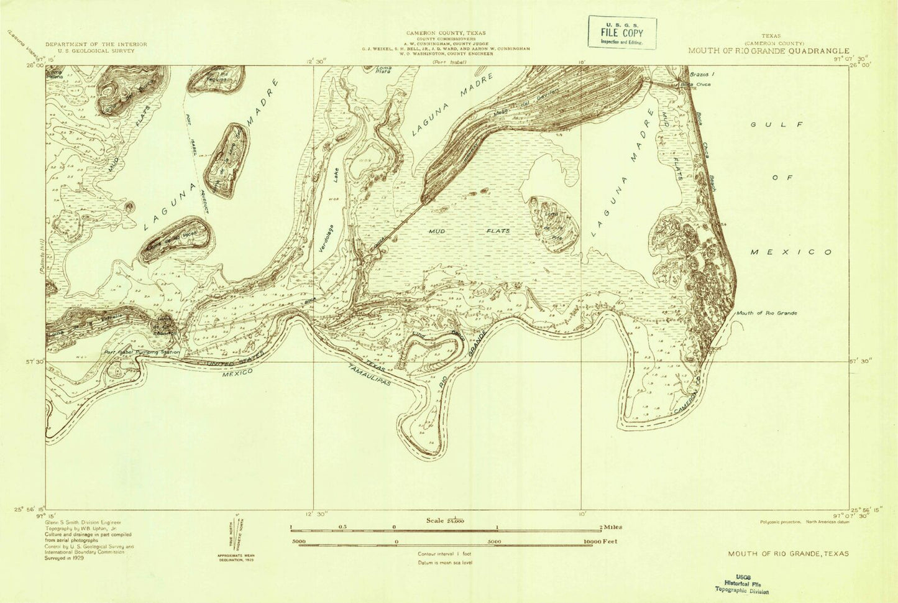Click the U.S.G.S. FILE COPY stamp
(622, 33)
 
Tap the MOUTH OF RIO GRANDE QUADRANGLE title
(768, 51)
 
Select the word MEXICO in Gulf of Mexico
(791, 252)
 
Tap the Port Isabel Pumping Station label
(142, 352)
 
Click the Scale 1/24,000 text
(445, 520)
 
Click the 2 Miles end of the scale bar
(612, 527)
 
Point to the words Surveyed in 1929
(65, 558)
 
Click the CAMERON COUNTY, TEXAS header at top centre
(446, 33)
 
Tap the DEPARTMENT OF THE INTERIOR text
(96, 45)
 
